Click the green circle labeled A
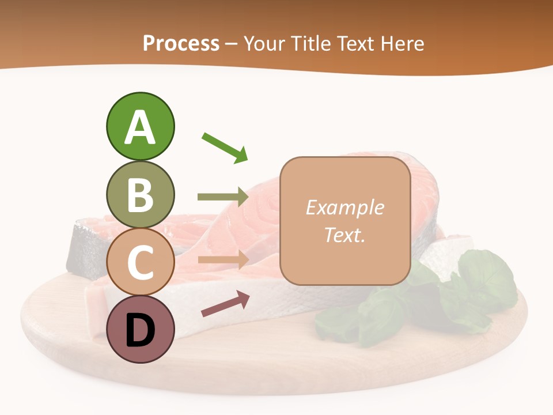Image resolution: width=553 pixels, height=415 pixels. (140, 126)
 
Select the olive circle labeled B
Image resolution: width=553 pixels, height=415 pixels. (140, 194)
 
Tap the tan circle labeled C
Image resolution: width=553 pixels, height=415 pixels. (140, 262)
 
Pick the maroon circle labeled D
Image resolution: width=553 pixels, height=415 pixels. (140, 329)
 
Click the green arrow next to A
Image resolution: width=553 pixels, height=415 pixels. (225, 147)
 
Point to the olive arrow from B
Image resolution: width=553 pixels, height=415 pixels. (223, 197)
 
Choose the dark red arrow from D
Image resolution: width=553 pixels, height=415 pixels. (225, 304)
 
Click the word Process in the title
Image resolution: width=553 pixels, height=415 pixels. (181, 43)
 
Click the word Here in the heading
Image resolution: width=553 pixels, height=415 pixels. (402, 43)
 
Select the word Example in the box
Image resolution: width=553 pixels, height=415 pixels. (345, 207)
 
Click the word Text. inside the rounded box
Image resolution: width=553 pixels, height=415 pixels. (345, 235)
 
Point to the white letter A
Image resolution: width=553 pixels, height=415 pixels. (140, 128)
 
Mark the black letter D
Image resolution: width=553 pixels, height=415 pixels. (140, 330)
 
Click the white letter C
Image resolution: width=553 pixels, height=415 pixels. (140, 263)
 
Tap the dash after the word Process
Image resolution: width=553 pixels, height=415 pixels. (232, 44)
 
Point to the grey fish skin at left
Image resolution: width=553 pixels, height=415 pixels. (81, 248)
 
